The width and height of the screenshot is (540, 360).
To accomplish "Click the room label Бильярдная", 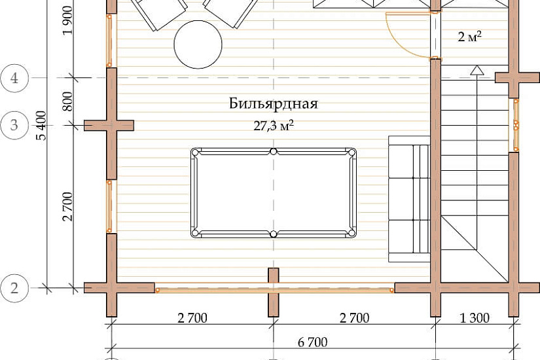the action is click(x=274, y=103).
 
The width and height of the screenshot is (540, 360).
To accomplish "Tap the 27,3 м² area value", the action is click(x=274, y=126).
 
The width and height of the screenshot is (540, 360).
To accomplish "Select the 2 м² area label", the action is click(x=469, y=36).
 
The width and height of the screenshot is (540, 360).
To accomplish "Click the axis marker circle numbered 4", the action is click(x=14, y=78).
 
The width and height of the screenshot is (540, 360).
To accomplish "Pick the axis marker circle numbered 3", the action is click(x=14, y=125).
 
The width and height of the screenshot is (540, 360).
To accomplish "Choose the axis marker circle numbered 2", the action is click(x=14, y=287).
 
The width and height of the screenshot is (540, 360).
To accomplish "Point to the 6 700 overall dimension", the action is click(x=313, y=342).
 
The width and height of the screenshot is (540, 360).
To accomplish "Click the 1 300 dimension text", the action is click(x=475, y=317).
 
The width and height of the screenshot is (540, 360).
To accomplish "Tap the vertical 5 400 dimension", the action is click(x=41, y=126).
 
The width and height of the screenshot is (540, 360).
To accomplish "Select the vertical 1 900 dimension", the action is click(x=68, y=20).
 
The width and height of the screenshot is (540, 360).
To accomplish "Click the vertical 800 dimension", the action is click(x=68, y=101).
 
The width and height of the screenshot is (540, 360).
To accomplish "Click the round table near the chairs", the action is click(x=198, y=44).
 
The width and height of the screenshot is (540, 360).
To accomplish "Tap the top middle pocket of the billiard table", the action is click(x=274, y=151).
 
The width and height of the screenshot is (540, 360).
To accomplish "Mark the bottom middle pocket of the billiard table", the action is click(x=274, y=234).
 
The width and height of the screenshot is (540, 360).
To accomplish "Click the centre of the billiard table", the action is click(x=274, y=193).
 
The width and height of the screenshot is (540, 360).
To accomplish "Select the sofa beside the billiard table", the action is click(x=410, y=199).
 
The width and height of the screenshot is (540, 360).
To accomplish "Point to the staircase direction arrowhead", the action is click(x=477, y=70).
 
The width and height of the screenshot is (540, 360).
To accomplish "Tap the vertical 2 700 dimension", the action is click(x=68, y=206).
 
